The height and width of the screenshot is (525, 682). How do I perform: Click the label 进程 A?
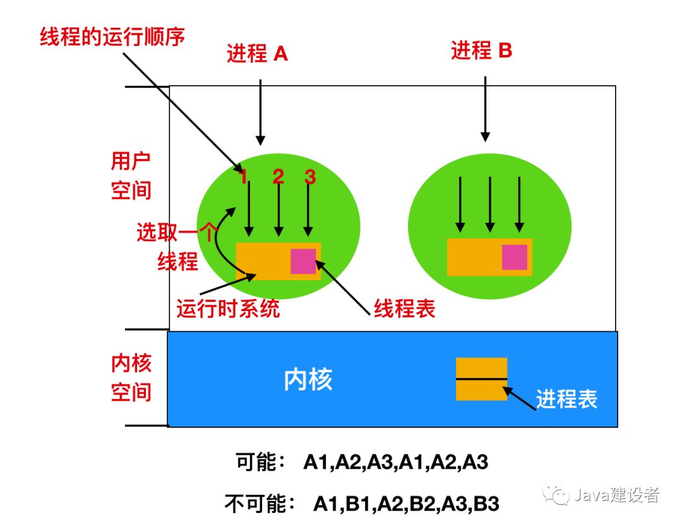tap(257, 54)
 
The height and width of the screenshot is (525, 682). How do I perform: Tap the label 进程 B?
tap(481, 50)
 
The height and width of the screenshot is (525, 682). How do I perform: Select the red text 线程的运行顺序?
tap(112, 37)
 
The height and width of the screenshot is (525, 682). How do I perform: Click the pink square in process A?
tap(303, 261)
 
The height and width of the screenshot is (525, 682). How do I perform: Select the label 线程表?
tap(404, 309)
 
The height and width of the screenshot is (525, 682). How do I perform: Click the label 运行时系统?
tap(228, 309)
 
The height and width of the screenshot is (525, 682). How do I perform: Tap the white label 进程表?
tap(566, 399)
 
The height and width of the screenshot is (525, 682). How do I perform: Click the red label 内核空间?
tap(131, 377)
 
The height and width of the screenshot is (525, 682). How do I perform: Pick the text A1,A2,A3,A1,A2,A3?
tap(396, 463)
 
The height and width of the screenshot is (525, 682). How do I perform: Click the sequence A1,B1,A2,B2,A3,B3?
tap(406, 504)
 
